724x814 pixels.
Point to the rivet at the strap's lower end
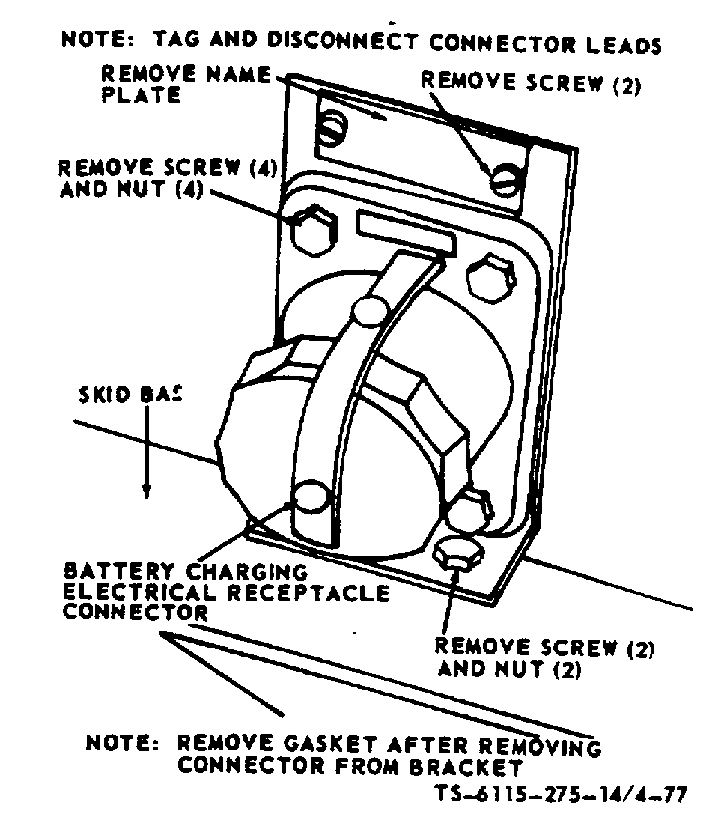310,496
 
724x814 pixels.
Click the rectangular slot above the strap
407,233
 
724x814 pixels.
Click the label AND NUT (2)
509,669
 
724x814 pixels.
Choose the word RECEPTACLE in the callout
307,592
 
